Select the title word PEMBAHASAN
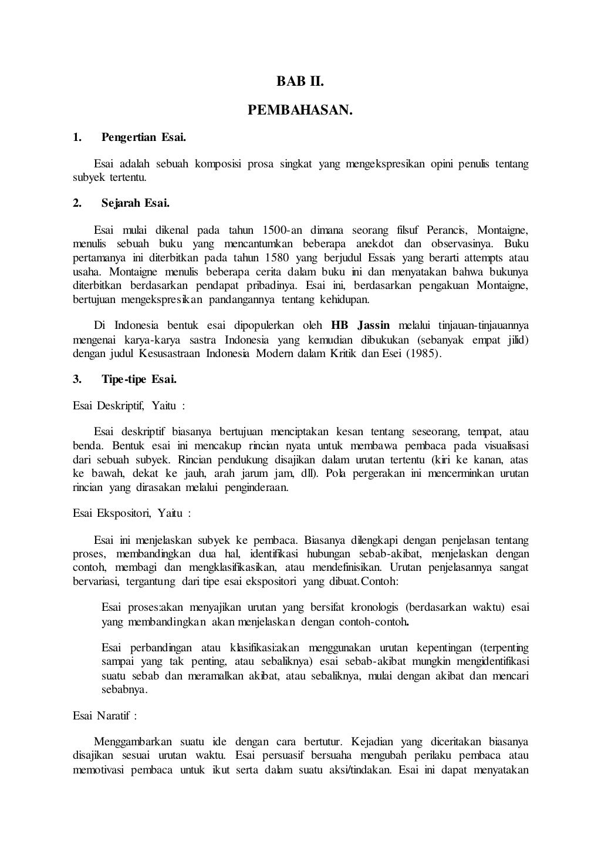point(300,110)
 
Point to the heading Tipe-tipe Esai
point(139,379)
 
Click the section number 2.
point(77,203)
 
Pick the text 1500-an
point(283,229)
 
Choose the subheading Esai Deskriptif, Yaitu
point(129,405)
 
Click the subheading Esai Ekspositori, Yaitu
point(132,513)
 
